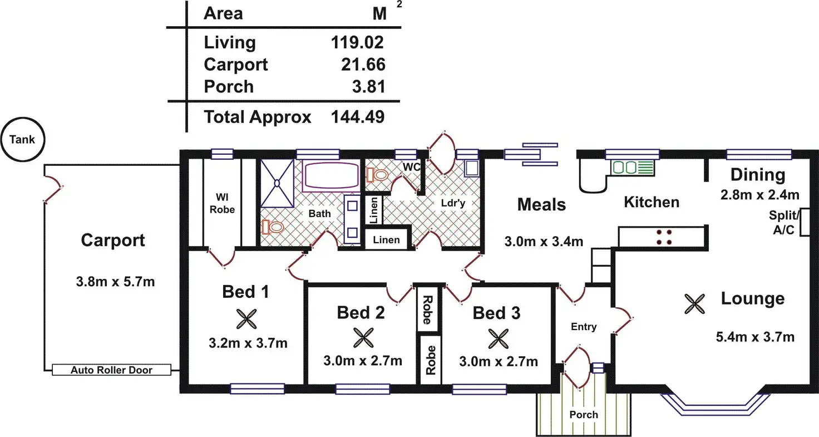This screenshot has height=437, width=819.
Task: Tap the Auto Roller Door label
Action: click(111, 370)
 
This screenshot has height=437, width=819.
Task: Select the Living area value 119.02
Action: click(357, 42)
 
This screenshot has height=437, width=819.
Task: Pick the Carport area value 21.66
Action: click(363, 65)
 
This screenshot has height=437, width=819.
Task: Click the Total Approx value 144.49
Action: click(358, 117)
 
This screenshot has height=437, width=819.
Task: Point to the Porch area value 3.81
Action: click(368, 87)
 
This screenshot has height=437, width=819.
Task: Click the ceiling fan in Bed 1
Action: click(246, 319)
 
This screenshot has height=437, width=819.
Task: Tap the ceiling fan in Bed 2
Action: click(363, 337)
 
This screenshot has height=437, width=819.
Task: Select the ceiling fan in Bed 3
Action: click(499, 338)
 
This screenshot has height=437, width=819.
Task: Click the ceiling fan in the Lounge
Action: click(694, 304)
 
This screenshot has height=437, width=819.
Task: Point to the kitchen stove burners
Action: click(664, 237)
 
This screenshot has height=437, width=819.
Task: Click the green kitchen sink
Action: click(633, 168)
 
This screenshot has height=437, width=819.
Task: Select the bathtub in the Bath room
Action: click(331, 176)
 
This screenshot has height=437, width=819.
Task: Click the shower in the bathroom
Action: click(277, 183)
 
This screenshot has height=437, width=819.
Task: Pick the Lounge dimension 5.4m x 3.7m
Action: click(755, 337)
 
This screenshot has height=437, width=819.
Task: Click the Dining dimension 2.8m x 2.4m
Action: click(760, 195)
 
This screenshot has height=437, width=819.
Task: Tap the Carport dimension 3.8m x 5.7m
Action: click(115, 282)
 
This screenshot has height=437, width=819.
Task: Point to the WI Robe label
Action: click(223, 203)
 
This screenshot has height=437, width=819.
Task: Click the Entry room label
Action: click(584, 327)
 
